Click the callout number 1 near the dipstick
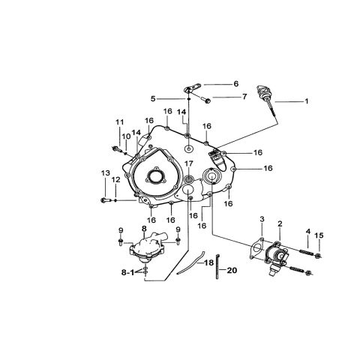pyautogui.click(x=306, y=101)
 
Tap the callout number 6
pyautogui.click(x=236, y=84)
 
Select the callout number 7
pyautogui.click(x=244, y=97)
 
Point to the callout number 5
pyautogui.click(x=153, y=99)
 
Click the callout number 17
pyautogui.click(x=189, y=163)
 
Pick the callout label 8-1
pyautogui.click(x=128, y=272)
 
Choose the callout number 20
pyautogui.click(x=232, y=270)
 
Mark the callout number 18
pyautogui.click(x=209, y=262)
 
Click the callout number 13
pyautogui.click(x=106, y=173)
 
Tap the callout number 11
pyautogui.click(x=120, y=122)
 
